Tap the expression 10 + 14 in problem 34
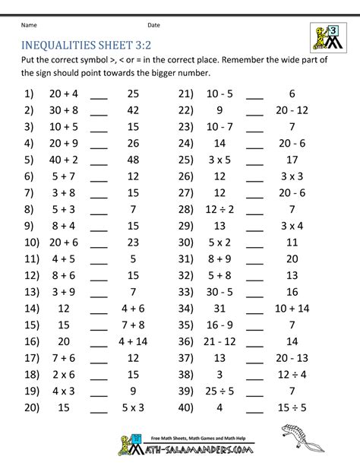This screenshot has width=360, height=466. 292,309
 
